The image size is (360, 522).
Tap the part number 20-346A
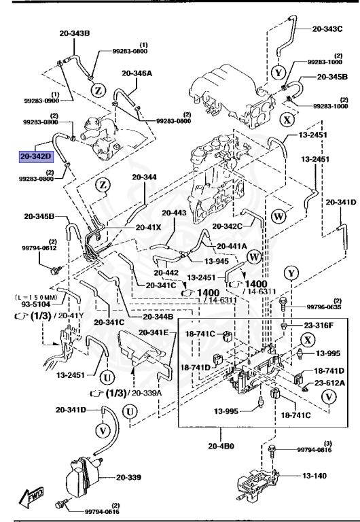pyautogui.click(x=138, y=73)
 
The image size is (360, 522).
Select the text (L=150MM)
pyautogui.click(x=36, y=298)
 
